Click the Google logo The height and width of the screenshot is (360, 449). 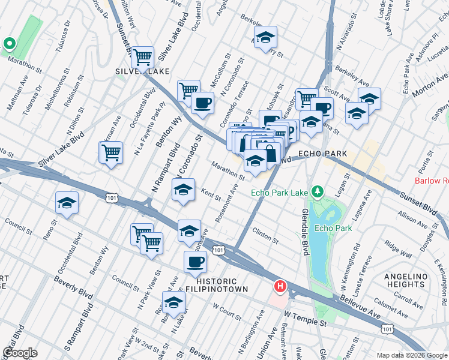[20, 353]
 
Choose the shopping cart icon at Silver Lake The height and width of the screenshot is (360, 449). [142, 58]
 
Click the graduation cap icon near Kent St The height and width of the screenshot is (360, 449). [183, 190]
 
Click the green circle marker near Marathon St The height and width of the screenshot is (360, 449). [9, 43]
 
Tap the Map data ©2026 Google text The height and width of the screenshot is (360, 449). [411, 355]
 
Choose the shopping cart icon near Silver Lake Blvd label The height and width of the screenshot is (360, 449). [112, 153]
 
